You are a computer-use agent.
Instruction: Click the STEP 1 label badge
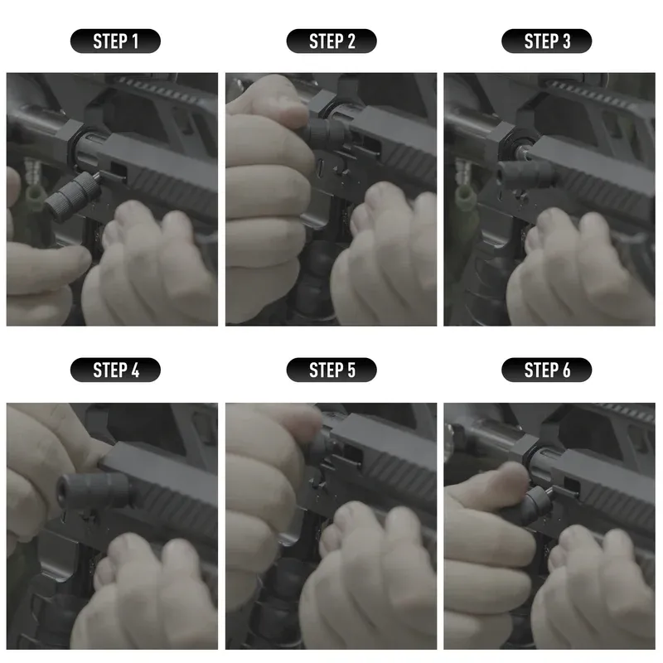[x=115, y=41]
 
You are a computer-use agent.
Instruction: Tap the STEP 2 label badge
[x=331, y=41]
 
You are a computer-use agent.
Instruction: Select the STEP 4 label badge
[x=115, y=370]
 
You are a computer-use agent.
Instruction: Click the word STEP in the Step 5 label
[x=325, y=370]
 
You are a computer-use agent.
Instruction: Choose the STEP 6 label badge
[x=547, y=370]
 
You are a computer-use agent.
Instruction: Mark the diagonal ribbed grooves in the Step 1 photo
[x=178, y=182]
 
